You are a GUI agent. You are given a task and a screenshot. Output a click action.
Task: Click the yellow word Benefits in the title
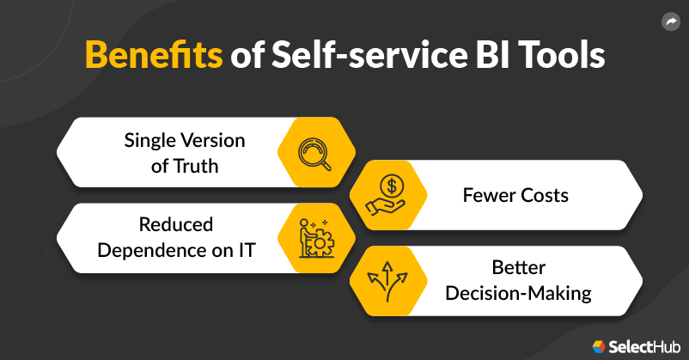[x=154, y=55]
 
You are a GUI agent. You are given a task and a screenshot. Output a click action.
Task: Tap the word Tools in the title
[x=562, y=55]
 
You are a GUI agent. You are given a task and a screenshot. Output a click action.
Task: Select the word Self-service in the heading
[x=369, y=55]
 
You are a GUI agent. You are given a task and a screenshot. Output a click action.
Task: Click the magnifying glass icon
[x=314, y=154]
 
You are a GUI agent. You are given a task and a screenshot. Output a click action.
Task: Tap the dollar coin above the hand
[x=391, y=186]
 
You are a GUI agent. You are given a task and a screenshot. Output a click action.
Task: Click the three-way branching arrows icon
[x=387, y=281]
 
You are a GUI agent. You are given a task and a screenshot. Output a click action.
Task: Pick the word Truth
[x=196, y=166]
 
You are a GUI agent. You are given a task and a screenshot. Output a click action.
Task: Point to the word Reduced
[x=176, y=224]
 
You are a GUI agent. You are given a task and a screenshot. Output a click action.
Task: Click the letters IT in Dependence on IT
[x=247, y=251]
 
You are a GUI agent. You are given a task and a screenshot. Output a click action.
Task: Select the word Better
[x=519, y=267]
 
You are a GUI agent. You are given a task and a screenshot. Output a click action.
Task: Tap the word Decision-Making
[x=519, y=293]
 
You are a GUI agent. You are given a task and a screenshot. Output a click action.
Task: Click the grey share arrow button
[x=671, y=21]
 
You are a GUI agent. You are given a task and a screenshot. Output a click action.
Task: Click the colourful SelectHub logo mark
[x=599, y=347]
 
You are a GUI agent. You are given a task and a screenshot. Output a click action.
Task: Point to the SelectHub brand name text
[x=644, y=347]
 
